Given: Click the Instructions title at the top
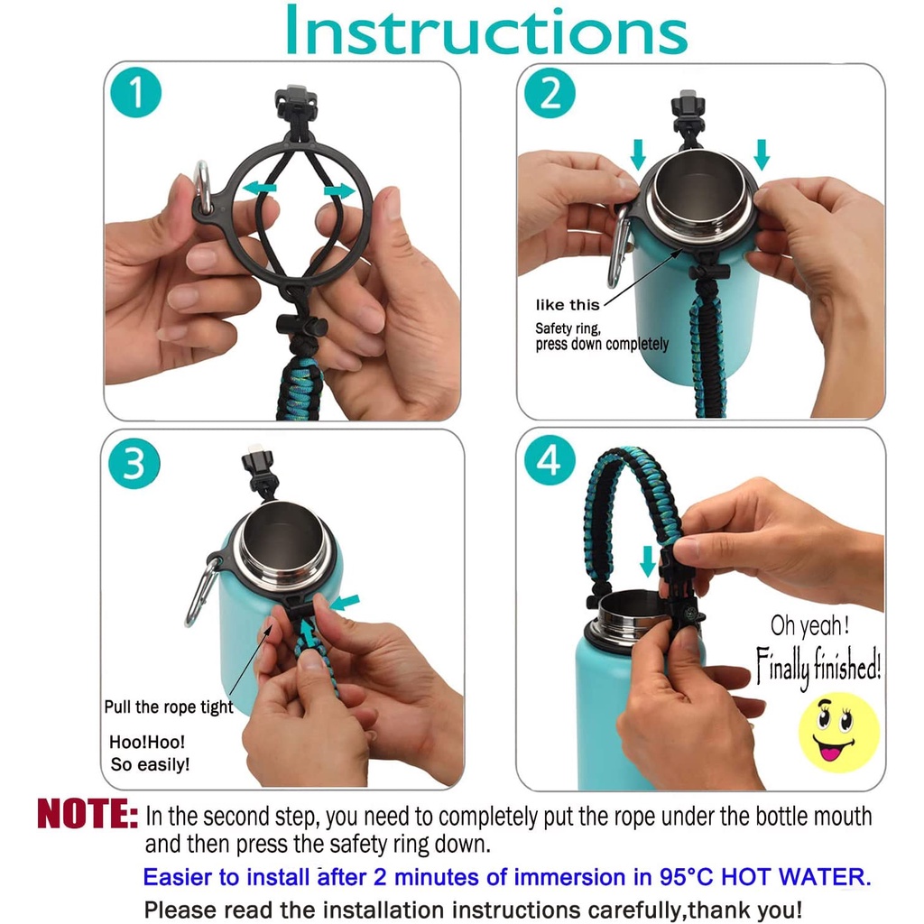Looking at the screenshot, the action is click(x=486, y=30).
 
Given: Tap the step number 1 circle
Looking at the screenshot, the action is click(x=136, y=93).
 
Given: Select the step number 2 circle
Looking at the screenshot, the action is click(x=550, y=93).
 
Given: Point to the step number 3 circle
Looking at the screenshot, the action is click(x=134, y=463).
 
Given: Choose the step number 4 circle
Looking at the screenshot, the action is click(x=550, y=460).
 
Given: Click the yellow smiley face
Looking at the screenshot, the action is click(x=838, y=733).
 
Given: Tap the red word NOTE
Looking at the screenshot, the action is click(x=88, y=814).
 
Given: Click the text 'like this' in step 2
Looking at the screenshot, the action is click(x=568, y=305).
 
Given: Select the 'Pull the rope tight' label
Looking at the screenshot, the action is click(x=169, y=707).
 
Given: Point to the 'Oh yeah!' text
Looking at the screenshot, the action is click(x=809, y=626).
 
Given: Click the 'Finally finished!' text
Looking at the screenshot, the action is click(x=818, y=667).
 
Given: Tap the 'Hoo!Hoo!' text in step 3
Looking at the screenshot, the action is click(x=147, y=742).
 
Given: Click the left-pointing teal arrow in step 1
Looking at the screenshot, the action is click(x=259, y=189).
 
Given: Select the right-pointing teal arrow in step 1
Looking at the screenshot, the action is click(x=339, y=190).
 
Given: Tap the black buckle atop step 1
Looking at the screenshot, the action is click(x=296, y=105).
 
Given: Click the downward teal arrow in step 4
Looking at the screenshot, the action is click(x=648, y=561).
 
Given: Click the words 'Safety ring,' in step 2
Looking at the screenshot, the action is click(x=568, y=328).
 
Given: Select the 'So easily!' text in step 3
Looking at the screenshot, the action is click(x=150, y=764).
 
